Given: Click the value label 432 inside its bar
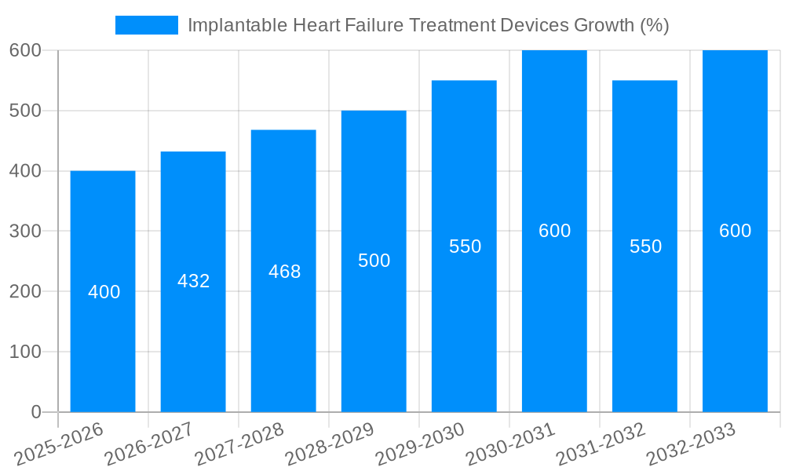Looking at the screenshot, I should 194,281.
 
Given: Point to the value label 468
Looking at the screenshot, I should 284,272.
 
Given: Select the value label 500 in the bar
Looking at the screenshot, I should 374,261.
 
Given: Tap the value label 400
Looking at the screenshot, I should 104,292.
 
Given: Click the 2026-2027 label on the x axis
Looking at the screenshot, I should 149,444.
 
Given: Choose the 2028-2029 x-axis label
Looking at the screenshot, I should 330,444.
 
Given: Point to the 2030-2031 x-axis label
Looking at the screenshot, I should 510,444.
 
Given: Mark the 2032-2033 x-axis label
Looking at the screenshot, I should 691,444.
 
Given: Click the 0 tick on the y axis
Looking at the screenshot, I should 35,412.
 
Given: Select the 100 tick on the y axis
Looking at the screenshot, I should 25,352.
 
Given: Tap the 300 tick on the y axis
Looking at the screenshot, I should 25,232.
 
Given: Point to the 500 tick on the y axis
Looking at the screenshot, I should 25,111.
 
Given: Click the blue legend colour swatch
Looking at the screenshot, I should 147,25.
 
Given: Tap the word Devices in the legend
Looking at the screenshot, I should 535,25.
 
